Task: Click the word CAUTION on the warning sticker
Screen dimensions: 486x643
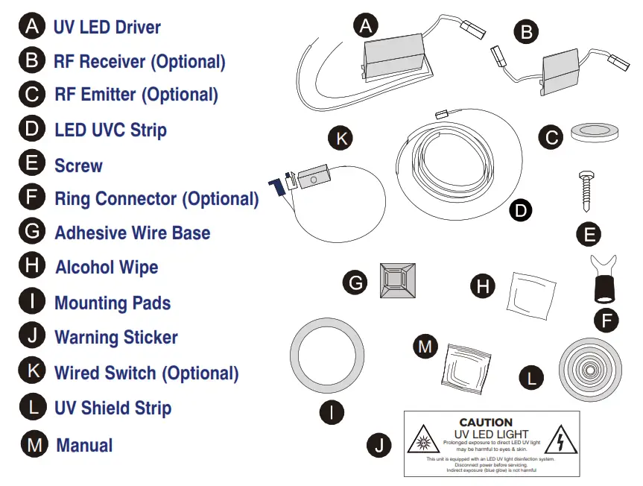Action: point(486,422)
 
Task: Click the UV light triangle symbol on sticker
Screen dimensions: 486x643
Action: point(422,443)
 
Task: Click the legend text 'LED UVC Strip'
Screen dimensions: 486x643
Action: point(110,130)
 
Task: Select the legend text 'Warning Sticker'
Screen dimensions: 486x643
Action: point(116,337)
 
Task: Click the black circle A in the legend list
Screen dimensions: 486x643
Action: point(31,27)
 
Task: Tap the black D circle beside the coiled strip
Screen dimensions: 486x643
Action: point(521,210)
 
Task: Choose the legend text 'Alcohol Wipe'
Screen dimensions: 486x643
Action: point(107,267)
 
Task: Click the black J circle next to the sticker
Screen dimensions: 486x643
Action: point(379,446)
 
